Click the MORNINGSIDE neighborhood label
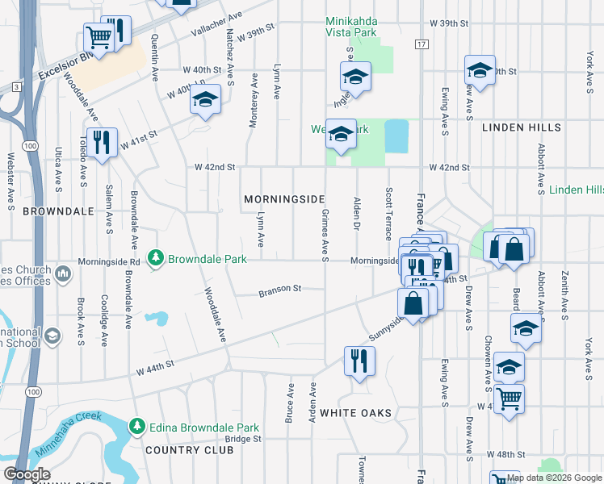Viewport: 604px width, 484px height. point(284,199)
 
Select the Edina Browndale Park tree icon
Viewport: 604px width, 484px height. point(136,426)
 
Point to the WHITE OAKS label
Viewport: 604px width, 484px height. point(356,413)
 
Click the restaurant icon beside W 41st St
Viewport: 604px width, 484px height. point(102,142)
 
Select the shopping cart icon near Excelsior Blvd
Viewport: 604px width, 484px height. point(98,37)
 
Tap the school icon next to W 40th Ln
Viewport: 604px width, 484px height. point(205,100)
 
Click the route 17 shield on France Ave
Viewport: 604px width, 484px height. point(422,43)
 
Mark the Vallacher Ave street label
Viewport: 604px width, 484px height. point(216,27)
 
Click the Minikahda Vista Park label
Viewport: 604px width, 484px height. point(351,27)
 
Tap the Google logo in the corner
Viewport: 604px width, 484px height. point(27,474)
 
